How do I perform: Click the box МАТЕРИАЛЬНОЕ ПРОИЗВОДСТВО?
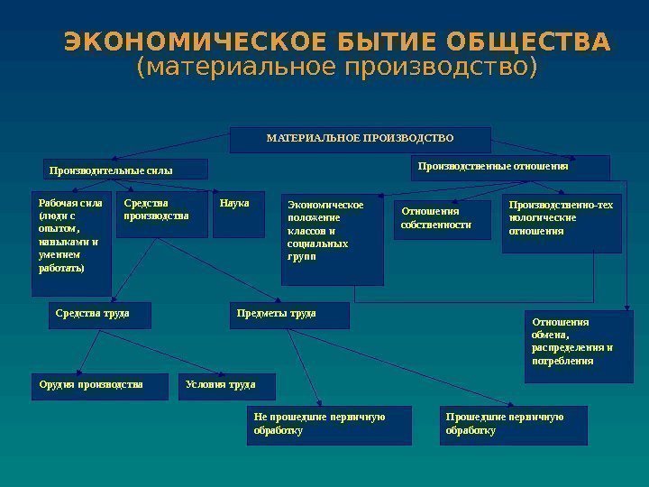(x=361, y=140)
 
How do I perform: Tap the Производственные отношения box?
(x=510, y=168)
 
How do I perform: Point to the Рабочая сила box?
(x=72, y=243)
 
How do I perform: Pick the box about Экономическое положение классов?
(x=332, y=240)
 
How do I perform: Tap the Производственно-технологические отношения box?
(x=562, y=225)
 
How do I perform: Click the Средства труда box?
(x=99, y=315)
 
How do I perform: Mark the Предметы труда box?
(x=289, y=315)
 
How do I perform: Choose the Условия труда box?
(x=227, y=386)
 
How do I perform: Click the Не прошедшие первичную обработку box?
(x=328, y=425)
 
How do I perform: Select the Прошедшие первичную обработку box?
(x=516, y=425)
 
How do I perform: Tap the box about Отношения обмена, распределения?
(x=579, y=346)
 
